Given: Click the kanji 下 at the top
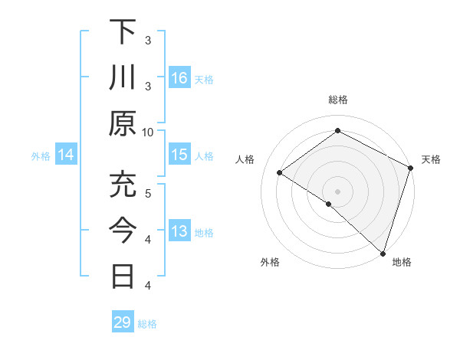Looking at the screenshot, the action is coord(123,32).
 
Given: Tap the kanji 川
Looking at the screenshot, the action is coord(123,78).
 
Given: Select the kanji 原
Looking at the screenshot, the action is coord(123,123).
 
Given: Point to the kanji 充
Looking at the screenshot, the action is coord(123,185).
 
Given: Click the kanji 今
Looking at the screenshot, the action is coord(123,231).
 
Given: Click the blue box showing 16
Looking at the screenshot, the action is coord(179,78).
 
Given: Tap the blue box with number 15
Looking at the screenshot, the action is coord(179,155).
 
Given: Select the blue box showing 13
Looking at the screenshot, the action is coord(179,231).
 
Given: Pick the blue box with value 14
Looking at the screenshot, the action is coord(66,155).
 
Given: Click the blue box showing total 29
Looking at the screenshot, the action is coord(123,322).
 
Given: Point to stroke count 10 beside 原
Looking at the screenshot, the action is coord(148,131).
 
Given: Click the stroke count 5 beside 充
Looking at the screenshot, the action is coord(148,192).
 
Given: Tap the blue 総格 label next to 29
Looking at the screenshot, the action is coord(147,324).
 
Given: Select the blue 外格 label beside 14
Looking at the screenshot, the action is coord(41,156).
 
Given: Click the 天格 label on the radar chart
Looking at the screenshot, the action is coord(431,159).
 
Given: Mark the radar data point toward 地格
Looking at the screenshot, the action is coord(382,252).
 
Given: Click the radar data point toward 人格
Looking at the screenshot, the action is coord(280,172).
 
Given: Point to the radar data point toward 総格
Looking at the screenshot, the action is coord(337,131).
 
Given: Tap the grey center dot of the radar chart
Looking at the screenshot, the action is coord(337,191).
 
